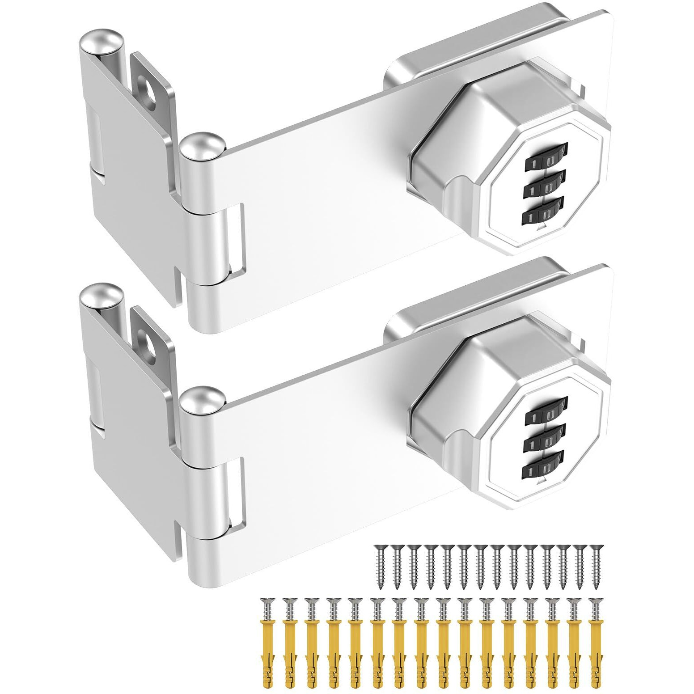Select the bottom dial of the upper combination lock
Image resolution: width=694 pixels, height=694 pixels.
542,212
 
